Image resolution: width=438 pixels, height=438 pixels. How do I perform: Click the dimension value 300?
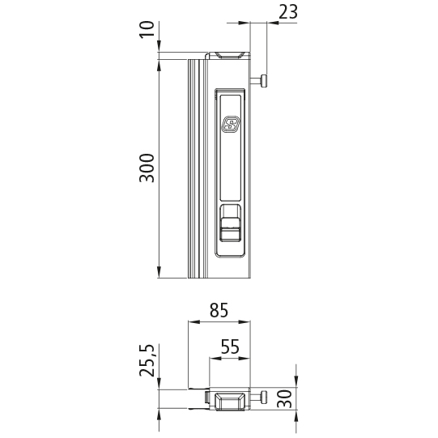tap(147, 167)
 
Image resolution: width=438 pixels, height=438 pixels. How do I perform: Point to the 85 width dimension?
tap(219, 310)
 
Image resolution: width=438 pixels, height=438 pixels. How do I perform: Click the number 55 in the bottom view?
tap(230, 347)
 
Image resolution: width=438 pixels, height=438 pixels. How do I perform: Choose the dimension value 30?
tap(284, 399)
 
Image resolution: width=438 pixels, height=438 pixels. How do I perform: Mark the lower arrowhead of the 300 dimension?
tap(159, 273)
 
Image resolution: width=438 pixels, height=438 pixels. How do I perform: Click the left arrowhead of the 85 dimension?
tap(192, 322)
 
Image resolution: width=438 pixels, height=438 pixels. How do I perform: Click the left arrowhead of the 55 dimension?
tap(215, 358)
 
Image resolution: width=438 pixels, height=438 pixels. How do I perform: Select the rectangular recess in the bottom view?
tap(230, 401)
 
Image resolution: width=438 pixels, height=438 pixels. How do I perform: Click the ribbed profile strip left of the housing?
tap(194, 168)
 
